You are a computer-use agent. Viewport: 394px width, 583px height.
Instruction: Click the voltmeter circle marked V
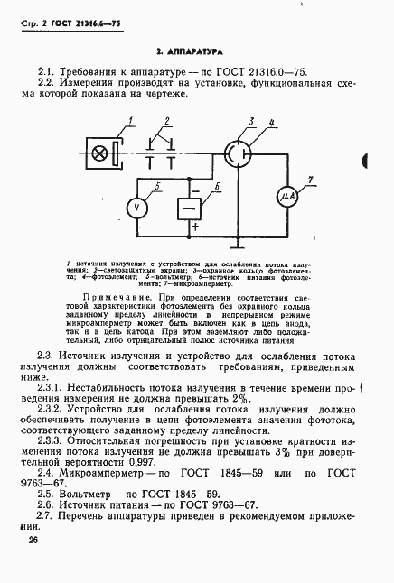coord(136,207)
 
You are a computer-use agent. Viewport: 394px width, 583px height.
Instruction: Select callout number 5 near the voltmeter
coord(158,187)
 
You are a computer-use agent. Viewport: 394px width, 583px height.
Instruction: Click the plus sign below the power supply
coord(193,227)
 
